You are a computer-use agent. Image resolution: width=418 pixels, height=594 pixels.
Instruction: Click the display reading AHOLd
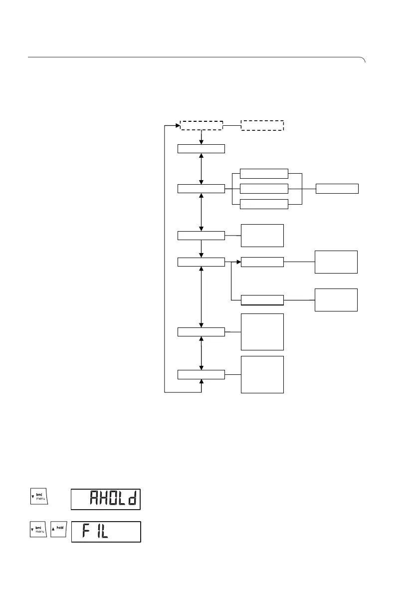click(105, 499)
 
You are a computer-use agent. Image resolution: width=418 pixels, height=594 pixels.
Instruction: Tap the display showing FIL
click(105, 532)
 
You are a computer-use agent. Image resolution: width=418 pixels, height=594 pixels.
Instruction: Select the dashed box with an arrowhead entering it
click(201, 125)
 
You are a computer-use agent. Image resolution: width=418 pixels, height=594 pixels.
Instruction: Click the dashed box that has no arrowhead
click(262, 125)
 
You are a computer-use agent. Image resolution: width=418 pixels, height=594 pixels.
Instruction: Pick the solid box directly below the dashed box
click(202, 148)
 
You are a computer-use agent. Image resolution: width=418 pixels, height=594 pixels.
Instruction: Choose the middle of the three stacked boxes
click(264, 189)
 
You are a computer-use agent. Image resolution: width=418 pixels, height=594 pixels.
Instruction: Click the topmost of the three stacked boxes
click(264, 173)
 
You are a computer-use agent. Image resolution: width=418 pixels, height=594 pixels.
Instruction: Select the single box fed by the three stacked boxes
click(337, 189)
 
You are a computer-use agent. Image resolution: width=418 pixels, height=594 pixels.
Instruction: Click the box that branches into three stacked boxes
click(202, 189)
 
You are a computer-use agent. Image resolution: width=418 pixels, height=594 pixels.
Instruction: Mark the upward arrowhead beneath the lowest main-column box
click(202, 382)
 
